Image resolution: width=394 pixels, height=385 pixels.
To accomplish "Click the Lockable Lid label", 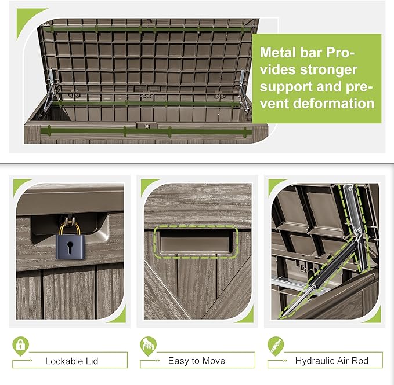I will (x=73, y=361).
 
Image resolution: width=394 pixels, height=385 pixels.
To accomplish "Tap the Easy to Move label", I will (x=197, y=361).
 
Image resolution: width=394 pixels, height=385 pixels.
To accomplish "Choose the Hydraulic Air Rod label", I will (x=331, y=361).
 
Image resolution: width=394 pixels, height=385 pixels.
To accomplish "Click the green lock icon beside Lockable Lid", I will (x=20, y=346).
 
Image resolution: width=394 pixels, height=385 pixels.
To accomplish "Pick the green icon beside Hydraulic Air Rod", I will (x=276, y=346).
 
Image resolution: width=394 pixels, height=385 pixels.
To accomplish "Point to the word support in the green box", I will (x=283, y=87).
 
